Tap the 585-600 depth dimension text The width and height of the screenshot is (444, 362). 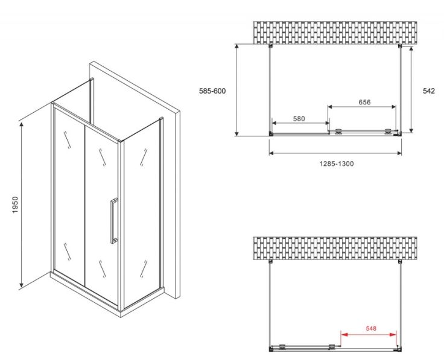pyautogui.click(x=212, y=91)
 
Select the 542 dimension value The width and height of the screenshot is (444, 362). pyautogui.click(x=429, y=91)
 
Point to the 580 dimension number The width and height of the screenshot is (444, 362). pyautogui.click(x=299, y=119)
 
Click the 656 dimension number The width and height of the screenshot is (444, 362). pyautogui.click(x=364, y=102)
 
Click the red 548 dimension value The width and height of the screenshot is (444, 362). pyautogui.click(x=370, y=328)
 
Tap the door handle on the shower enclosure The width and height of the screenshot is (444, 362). pyautogui.click(x=112, y=220)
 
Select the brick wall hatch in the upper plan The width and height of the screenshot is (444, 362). pyautogui.click(x=335, y=33)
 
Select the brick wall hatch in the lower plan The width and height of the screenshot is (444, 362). pyautogui.click(x=335, y=249)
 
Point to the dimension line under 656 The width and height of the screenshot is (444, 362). pyautogui.click(x=362, y=107)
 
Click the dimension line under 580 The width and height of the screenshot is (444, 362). pyautogui.click(x=300, y=124)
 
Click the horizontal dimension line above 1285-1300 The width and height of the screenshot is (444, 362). pyautogui.click(x=335, y=153)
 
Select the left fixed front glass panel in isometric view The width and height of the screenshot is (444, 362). pyautogui.click(x=68, y=193)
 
